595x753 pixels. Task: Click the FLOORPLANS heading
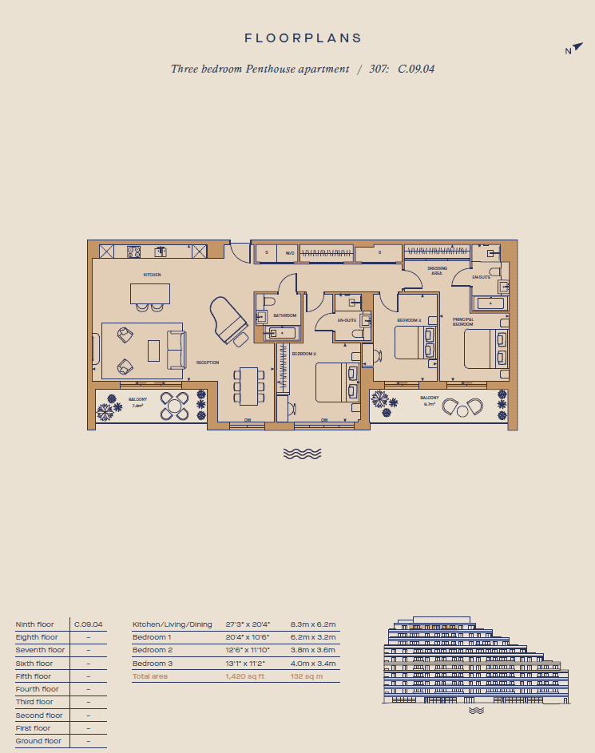pos(303,38)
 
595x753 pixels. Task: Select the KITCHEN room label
pos(152,275)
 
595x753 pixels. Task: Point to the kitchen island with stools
pos(150,295)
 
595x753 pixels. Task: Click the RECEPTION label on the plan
pos(208,363)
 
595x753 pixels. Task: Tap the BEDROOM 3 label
pos(409,320)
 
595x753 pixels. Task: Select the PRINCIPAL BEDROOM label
pos(463,322)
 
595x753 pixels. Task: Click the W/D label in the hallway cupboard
pos(290,253)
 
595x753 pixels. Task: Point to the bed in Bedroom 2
pos(338,382)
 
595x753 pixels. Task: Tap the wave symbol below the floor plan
pos(303,454)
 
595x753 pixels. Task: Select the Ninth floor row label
pos(34,624)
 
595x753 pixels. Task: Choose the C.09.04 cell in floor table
pos(88,624)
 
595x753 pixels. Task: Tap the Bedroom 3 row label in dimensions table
pos(152,664)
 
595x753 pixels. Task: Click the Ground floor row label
pos(38,741)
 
